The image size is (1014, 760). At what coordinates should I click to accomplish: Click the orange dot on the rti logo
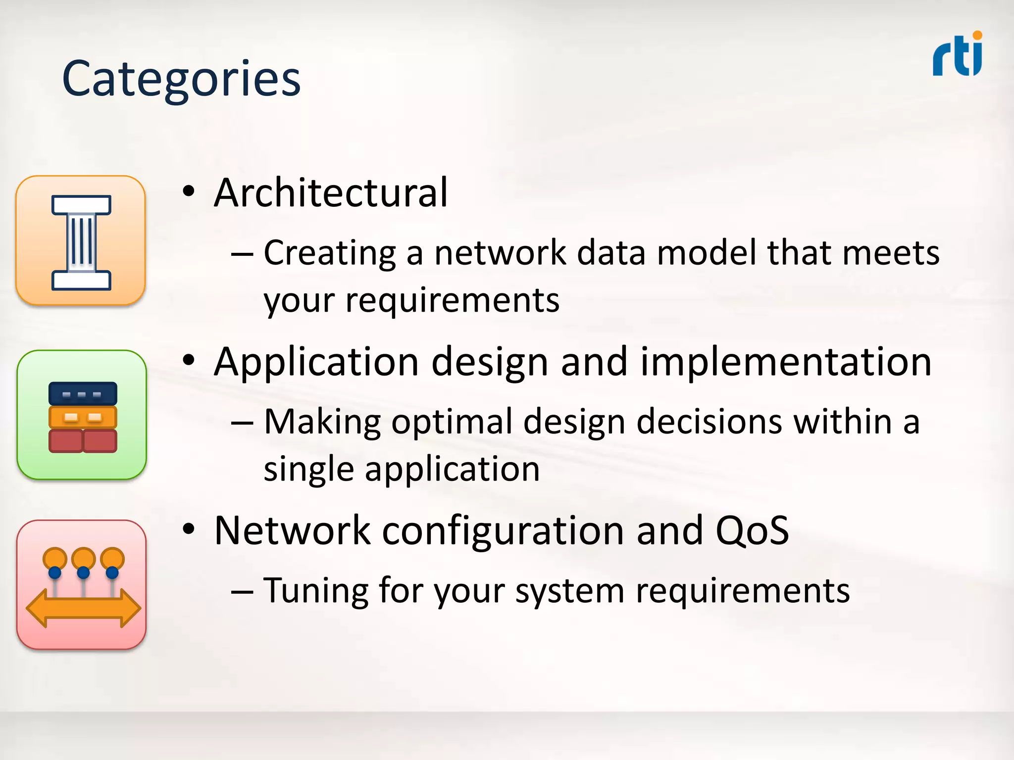coord(977,36)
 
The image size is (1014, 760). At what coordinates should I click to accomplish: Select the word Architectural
coord(331,193)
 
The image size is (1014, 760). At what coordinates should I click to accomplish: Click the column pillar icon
coord(81,241)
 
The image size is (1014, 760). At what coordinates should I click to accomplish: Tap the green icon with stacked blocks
coord(82,415)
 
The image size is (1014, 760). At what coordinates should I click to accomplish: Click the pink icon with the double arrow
coord(82,584)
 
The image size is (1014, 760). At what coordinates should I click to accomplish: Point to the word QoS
coord(752,531)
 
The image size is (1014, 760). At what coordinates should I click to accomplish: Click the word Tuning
coord(315,591)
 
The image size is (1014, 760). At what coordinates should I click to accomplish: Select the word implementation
coord(786,362)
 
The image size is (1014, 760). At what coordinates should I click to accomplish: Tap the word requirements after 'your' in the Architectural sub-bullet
coord(452,300)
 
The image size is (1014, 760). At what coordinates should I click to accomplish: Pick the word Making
coord(322,422)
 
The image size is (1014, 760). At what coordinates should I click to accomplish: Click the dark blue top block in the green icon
coord(83,394)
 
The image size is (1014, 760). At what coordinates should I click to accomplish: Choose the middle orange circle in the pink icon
coord(83,558)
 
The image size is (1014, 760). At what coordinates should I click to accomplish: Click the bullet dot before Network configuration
coord(189,529)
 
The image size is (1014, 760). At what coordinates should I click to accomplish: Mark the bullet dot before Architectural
coord(189,192)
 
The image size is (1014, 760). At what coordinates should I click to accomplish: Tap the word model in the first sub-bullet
coord(707,253)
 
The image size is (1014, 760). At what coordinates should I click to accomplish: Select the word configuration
coord(503,531)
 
